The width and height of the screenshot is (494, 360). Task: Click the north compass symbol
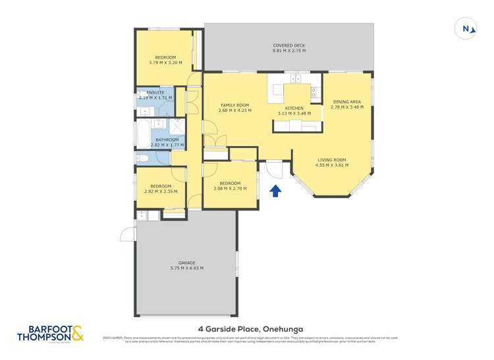pos(466,28)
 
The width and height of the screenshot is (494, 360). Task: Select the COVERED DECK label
pos(289,46)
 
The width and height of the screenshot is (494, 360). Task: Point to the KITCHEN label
pos(293,108)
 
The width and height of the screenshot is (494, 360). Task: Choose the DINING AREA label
pos(346,101)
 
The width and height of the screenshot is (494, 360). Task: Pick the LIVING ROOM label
pos(331,160)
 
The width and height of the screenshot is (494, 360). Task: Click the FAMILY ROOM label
pos(234,105)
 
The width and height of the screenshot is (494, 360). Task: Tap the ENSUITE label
pos(155,93)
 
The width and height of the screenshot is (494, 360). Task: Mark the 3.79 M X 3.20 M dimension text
pos(164,63)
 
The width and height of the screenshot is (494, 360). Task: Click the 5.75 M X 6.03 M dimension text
pos(186,268)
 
